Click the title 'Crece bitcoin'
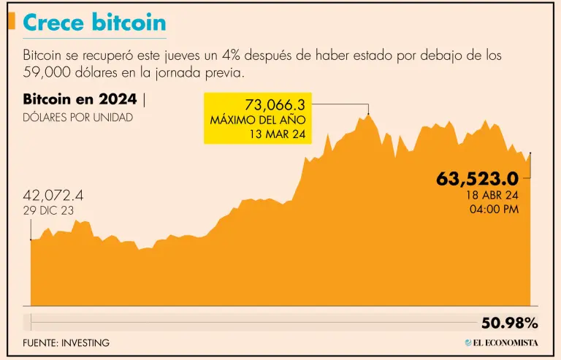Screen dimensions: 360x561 point(94,23)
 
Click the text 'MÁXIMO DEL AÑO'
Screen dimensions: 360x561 point(257,120)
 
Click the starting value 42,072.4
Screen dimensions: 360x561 point(53,196)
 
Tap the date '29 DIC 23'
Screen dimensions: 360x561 point(48,210)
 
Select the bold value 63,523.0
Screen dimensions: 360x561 point(477,178)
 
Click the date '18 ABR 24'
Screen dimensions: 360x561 point(492,195)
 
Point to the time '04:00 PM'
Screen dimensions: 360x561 point(494,210)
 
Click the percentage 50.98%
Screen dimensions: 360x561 point(509,323)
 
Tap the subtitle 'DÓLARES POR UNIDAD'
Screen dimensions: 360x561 point(78,118)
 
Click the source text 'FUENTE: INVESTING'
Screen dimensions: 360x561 point(66,342)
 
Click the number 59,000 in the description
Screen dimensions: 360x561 point(47,73)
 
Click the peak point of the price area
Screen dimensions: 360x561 point(368,114)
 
